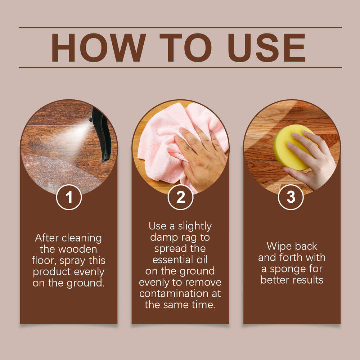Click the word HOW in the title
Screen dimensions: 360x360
(98, 48)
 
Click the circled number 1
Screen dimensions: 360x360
(69, 197)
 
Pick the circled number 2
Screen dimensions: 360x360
(180, 197)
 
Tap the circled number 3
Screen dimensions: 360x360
(291, 197)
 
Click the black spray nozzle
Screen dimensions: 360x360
(101, 133)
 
